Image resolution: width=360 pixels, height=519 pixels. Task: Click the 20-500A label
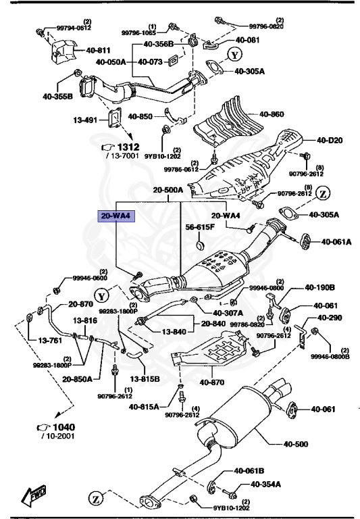168,191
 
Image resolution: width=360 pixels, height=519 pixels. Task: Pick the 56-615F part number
201,228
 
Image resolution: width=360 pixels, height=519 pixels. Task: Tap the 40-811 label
98,51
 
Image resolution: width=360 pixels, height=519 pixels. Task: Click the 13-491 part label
86,121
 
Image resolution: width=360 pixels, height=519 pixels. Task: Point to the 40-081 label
247,41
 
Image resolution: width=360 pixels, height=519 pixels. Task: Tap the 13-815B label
145,379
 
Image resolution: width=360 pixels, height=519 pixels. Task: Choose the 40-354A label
265,485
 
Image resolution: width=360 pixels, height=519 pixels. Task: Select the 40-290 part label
331,317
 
